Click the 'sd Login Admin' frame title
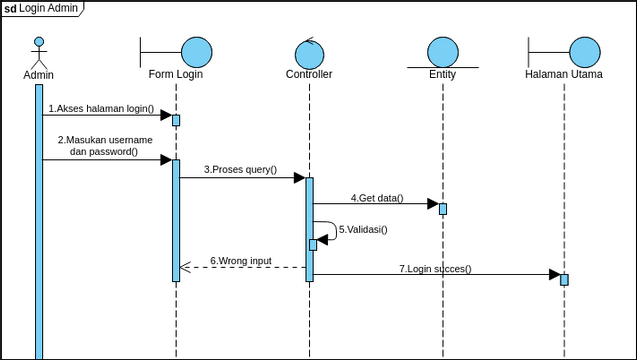click(x=42, y=8)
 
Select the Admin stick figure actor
click(x=39, y=53)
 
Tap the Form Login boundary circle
click(x=196, y=51)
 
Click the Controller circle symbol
click(x=309, y=53)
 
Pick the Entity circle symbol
click(x=442, y=53)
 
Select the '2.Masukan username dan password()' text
click(x=104, y=146)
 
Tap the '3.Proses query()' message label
click(x=240, y=170)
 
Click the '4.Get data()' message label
click(x=377, y=198)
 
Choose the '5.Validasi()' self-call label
click(x=363, y=229)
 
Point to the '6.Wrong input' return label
click(x=240, y=260)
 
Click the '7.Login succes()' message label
click(x=435, y=268)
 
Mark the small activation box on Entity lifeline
click(x=443, y=209)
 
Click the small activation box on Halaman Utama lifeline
click(x=564, y=279)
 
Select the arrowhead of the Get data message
click(x=433, y=204)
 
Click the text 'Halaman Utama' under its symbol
click(x=563, y=75)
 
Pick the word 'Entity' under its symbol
click(x=442, y=75)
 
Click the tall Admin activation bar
click(x=39, y=220)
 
